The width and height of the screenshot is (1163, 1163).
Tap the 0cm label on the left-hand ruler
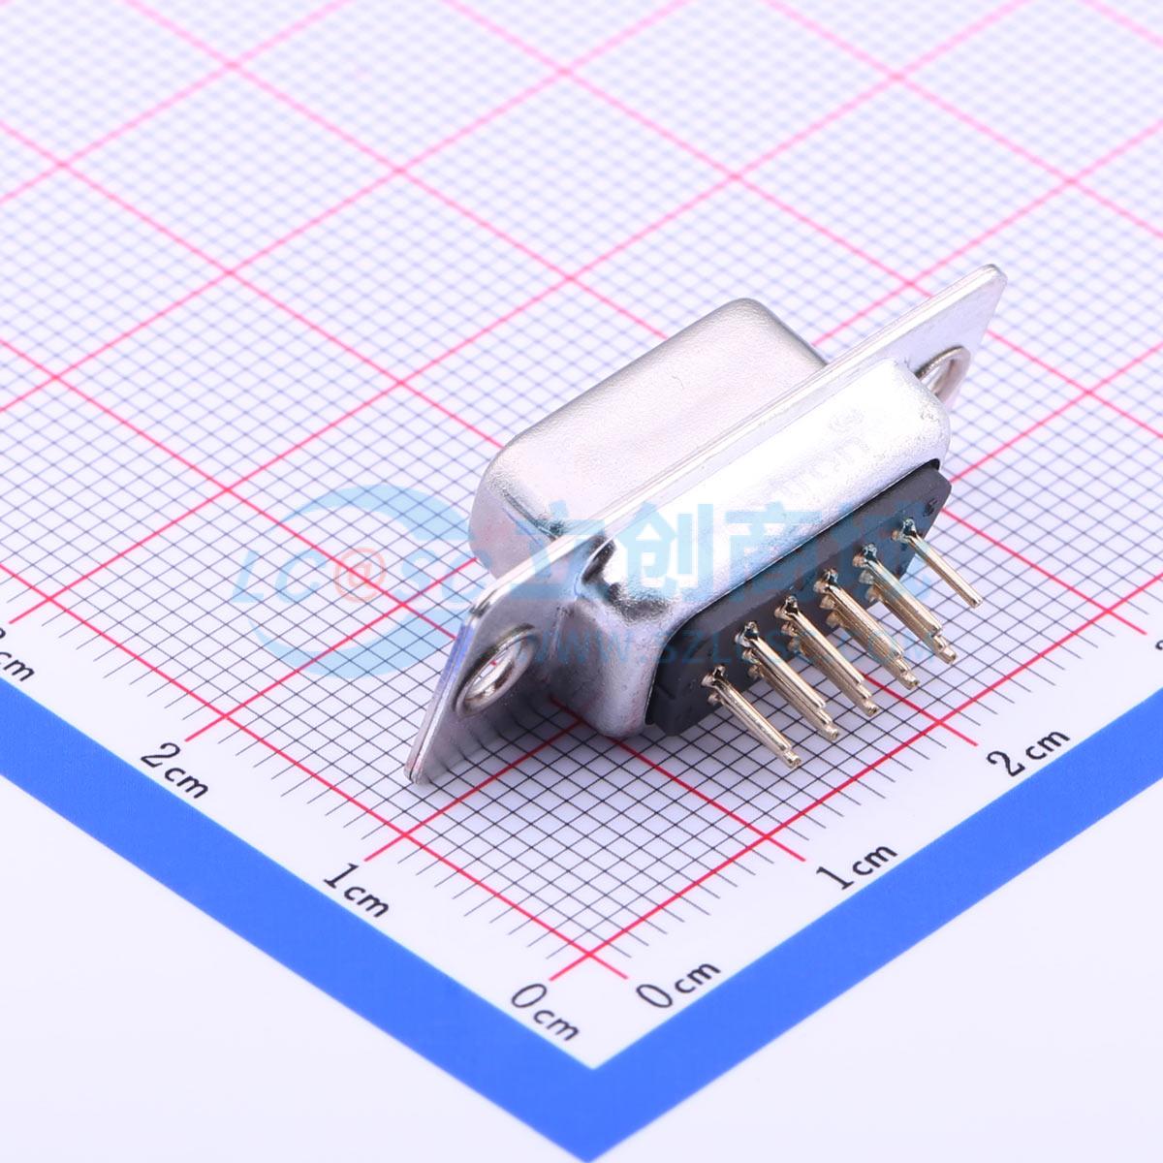pyautogui.click(x=546, y=1011)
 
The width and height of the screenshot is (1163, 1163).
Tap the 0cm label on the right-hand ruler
pyautogui.click(x=679, y=984)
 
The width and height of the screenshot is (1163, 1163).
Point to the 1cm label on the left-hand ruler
pyautogui.click(x=357, y=890)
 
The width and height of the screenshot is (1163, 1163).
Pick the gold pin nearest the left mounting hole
pyautogui.click(x=750, y=713)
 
